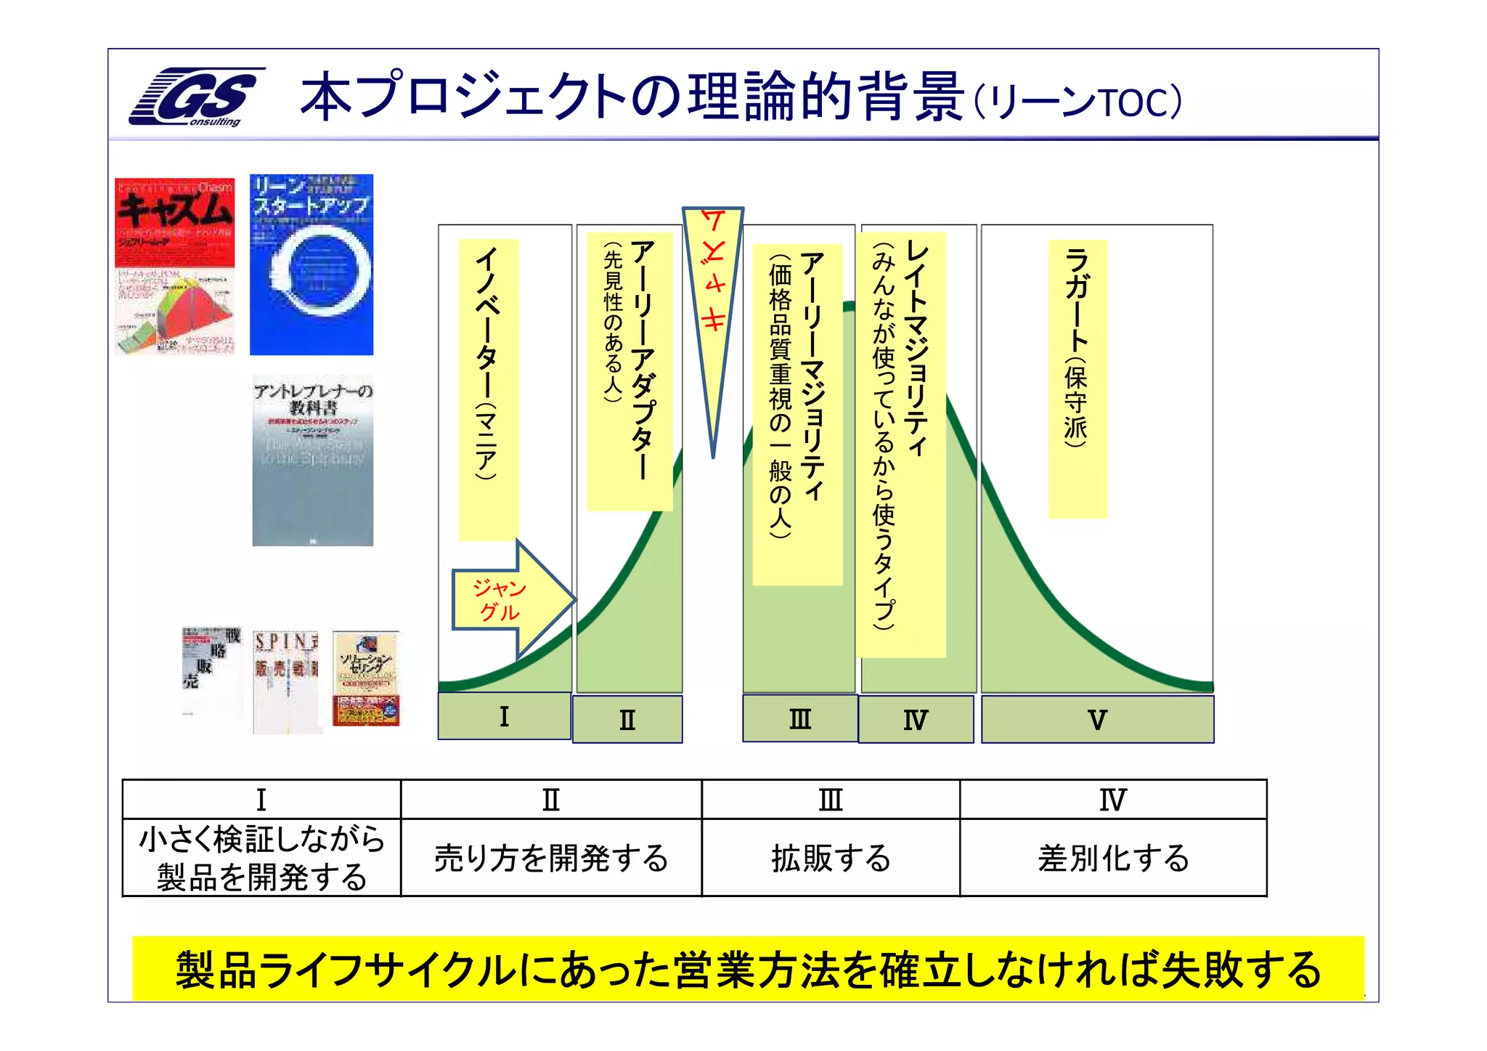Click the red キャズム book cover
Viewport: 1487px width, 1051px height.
tap(175, 266)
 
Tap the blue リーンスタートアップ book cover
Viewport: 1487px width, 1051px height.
tap(311, 264)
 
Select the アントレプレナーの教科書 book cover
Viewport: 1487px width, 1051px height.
tap(313, 460)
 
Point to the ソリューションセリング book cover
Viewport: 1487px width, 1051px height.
tap(366, 678)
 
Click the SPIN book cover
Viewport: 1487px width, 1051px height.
tap(286, 681)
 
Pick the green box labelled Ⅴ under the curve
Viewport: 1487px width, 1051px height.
tap(1097, 720)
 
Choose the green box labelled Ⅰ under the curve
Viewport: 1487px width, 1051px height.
tap(504, 717)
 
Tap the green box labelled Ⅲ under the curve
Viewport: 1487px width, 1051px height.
tap(799, 718)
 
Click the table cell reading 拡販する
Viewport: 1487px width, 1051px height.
tap(831, 859)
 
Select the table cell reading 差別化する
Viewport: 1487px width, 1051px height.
tap(1113, 859)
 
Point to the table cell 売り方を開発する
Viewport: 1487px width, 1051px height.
tap(551, 859)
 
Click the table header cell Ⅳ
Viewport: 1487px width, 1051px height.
tap(1113, 800)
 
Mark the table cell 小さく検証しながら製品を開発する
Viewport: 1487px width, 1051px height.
tap(261, 859)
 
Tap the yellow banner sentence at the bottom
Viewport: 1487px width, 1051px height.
tap(748, 970)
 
